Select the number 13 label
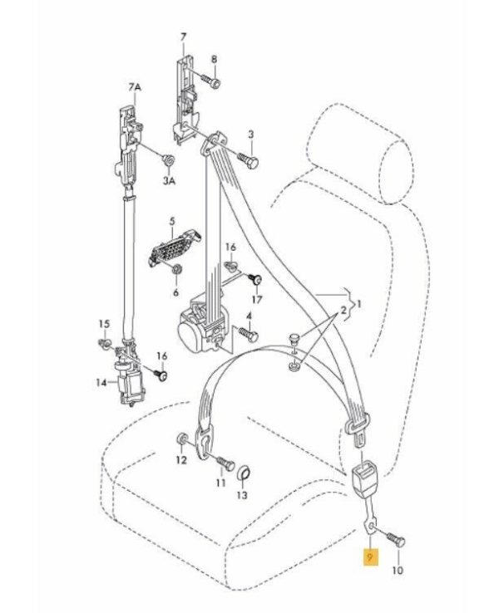241,496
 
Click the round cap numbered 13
245,474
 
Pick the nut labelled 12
182,439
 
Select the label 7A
136,87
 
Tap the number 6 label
175,292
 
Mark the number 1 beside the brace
360,306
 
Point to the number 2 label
342,310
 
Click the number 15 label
104,323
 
